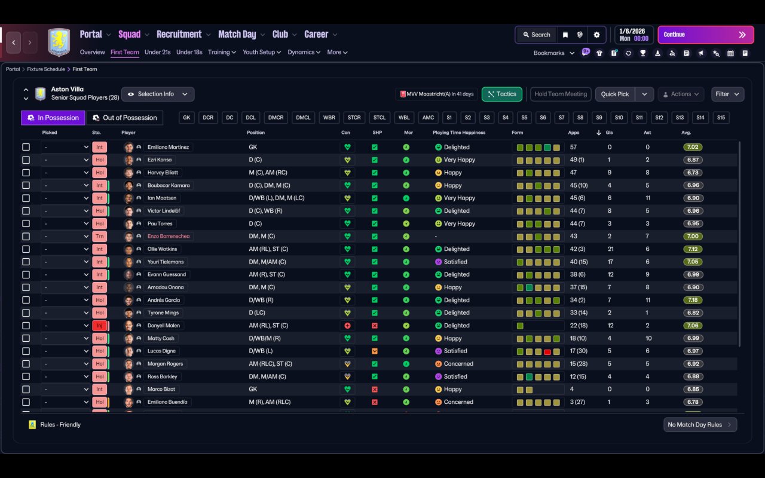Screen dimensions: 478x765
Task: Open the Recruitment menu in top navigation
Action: pos(179,35)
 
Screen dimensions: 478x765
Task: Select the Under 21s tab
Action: pos(158,52)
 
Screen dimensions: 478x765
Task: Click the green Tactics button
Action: pos(501,94)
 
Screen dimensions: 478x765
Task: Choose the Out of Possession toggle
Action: pos(125,118)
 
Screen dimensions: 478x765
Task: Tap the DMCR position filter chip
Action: pos(276,118)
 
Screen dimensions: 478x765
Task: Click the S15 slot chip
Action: pos(721,118)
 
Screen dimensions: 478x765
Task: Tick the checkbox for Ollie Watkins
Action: pos(26,249)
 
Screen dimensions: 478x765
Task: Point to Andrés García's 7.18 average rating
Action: pos(693,300)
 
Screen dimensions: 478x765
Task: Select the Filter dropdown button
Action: pos(727,94)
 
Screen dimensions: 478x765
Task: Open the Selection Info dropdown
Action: pos(158,94)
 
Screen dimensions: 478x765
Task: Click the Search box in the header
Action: pos(536,35)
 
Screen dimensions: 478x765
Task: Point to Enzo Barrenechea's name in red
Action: pos(169,236)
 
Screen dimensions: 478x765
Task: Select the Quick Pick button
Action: pos(615,94)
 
